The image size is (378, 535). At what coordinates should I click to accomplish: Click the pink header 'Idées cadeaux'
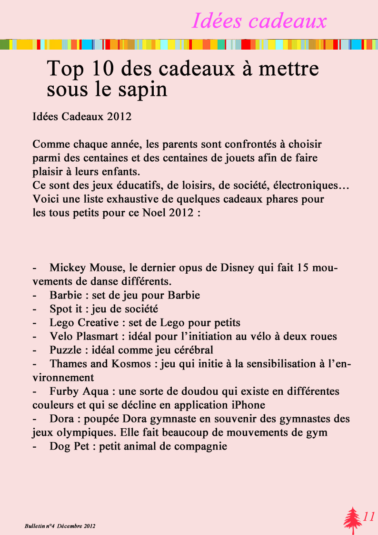259,21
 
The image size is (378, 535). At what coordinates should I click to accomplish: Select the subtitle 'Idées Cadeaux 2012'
82,117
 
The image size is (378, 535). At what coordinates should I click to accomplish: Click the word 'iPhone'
249,405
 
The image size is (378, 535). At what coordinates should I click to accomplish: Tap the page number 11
369,517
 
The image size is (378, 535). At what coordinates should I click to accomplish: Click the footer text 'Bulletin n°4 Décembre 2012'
60,526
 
